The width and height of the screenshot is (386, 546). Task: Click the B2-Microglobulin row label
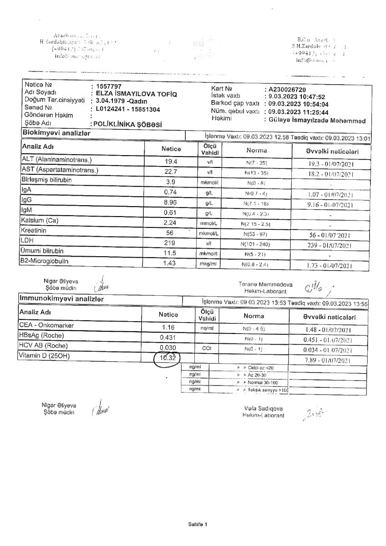44,262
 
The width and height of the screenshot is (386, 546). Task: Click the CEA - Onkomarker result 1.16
169,327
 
